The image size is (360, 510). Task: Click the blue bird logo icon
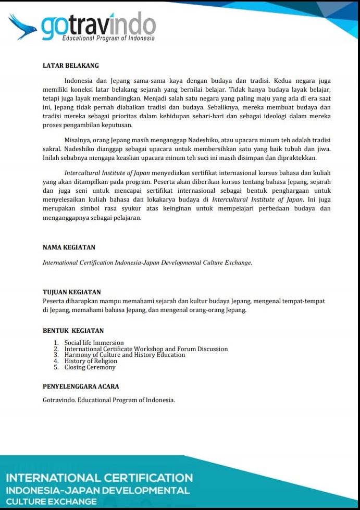click(22, 26)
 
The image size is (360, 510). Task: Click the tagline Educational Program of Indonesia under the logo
click(108, 39)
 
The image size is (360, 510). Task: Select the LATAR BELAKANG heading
click(70, 66)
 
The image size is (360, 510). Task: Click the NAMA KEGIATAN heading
click(69, 247)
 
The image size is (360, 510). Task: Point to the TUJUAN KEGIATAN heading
click(71, 292)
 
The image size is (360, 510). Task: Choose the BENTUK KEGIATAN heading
click(73, 331)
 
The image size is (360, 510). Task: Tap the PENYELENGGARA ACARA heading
click(81, 387)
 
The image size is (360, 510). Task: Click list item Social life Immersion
click(94, 343)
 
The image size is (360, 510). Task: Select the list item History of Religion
click(91, 361)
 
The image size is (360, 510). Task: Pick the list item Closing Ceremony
click(90, 367)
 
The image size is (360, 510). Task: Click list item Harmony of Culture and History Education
click(125, 355)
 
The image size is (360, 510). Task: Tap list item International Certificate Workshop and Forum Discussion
click(146, 349)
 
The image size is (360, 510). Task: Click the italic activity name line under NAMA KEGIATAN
click(147, 263)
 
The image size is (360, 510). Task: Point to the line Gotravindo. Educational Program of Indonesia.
click(109, 400)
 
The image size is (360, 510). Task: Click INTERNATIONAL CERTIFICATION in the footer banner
click(99, 478)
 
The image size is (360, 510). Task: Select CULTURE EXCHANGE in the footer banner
click(51, 502)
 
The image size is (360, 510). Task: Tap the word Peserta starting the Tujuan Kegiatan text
click(54, 301)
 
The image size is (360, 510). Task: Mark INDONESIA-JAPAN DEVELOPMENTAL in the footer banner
click(98, 490)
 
